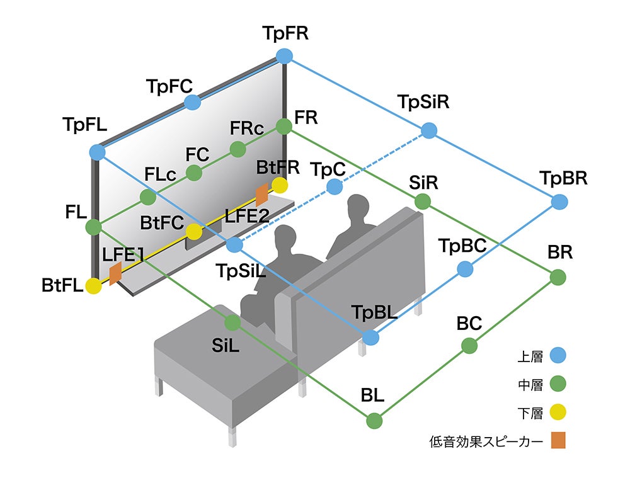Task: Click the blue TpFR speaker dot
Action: (x=285, y=55)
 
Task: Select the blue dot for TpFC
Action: (x=193, y=102)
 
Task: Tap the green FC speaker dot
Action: (x=194, y=172)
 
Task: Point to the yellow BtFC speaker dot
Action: (x=194, y=231)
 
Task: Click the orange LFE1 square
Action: (x=115, y=273)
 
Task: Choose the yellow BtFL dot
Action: (x=94, y=287)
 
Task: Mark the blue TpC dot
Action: (x=335, y=186)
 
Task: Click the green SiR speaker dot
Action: (x=423, y=202)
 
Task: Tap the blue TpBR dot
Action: (x=559, y=202)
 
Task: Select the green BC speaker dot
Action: (x=469, y=345)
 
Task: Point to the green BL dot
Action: (x=374, y=420)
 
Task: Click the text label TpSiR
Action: (x=423, y=102)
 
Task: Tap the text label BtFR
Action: (x=278, y=168)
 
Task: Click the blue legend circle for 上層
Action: (x=558, y=355)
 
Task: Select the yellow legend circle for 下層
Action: (x=558, y=412)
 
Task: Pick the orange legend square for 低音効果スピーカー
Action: (x=558, y=440)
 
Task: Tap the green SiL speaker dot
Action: (x=232, y=322)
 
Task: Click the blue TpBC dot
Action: (x=465, y=269)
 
